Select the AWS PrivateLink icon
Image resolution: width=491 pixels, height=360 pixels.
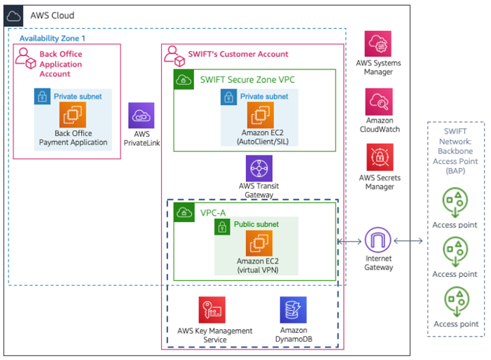coord(141,115)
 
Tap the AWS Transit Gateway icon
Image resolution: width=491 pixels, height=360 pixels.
coord(259,168)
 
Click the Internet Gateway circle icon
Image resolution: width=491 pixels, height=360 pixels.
coord(378,241)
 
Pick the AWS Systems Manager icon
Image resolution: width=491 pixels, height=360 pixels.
coord(378,44)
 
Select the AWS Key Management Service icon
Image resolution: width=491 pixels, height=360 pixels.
coord(212,310)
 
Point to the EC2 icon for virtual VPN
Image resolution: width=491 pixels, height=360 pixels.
coord(259,243)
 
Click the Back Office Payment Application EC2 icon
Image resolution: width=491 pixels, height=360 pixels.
coord(73,115)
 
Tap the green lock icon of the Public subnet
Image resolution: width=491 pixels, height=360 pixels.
coord(222,226)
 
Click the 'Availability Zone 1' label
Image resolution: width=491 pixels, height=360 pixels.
coord(53,38)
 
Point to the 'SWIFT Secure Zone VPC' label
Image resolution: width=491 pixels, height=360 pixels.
coord(248,79)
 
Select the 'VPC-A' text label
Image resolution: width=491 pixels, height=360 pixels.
coord(213,213)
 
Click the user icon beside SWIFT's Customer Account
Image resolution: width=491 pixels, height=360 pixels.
coord(174,55)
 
